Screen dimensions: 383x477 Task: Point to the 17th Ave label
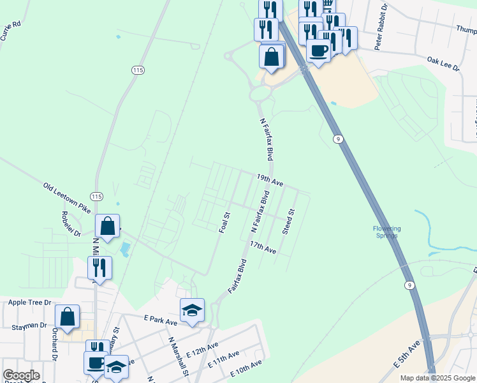coord(263,248)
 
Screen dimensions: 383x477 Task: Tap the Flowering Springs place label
coord(386,232)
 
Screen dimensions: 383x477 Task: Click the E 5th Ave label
coord(407,354)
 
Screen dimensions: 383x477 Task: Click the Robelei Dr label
coord(71,224)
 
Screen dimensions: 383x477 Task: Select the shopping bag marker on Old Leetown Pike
coord(107,226)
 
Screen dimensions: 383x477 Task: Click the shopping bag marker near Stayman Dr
coord(68,317)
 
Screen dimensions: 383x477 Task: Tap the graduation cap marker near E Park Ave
coord(192,310)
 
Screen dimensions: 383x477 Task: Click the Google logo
coord(21,375)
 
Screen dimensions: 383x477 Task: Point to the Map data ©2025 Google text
coord(437,378)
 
